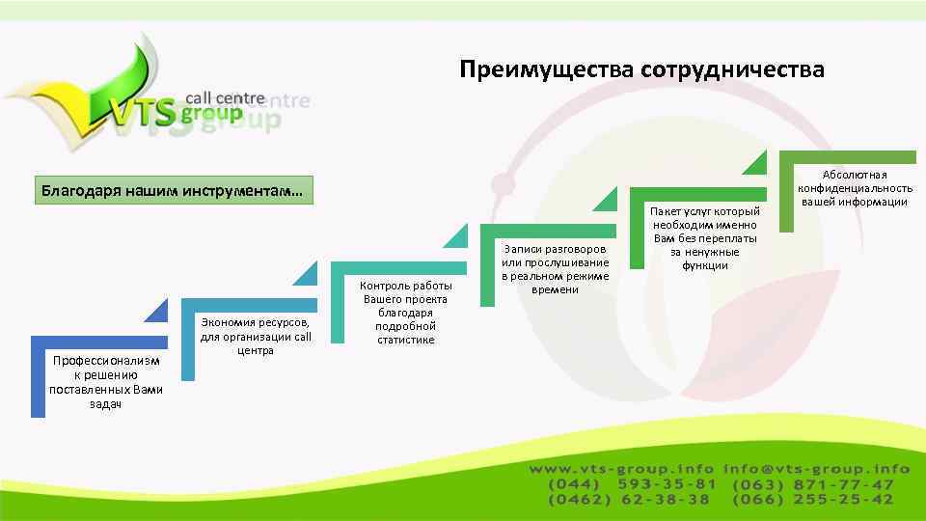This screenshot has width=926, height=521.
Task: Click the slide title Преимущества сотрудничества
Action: [x=641, y=69]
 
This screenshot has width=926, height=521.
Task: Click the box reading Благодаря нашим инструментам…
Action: [x=171, y=191]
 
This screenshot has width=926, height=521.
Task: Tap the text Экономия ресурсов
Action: [x=255, y=323]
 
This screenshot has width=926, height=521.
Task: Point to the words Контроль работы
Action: [x=405, y=286]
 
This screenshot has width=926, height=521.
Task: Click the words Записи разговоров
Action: [x=555, y=249]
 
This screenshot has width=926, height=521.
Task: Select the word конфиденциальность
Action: [x=855, y=188]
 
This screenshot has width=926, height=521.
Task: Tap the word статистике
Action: [x=405, y=340]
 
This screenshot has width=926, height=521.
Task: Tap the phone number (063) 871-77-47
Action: [x=813, y=484]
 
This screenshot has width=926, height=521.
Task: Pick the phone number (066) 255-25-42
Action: [x=813, y=500]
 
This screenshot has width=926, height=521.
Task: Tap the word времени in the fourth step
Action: [x=555, y=289]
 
